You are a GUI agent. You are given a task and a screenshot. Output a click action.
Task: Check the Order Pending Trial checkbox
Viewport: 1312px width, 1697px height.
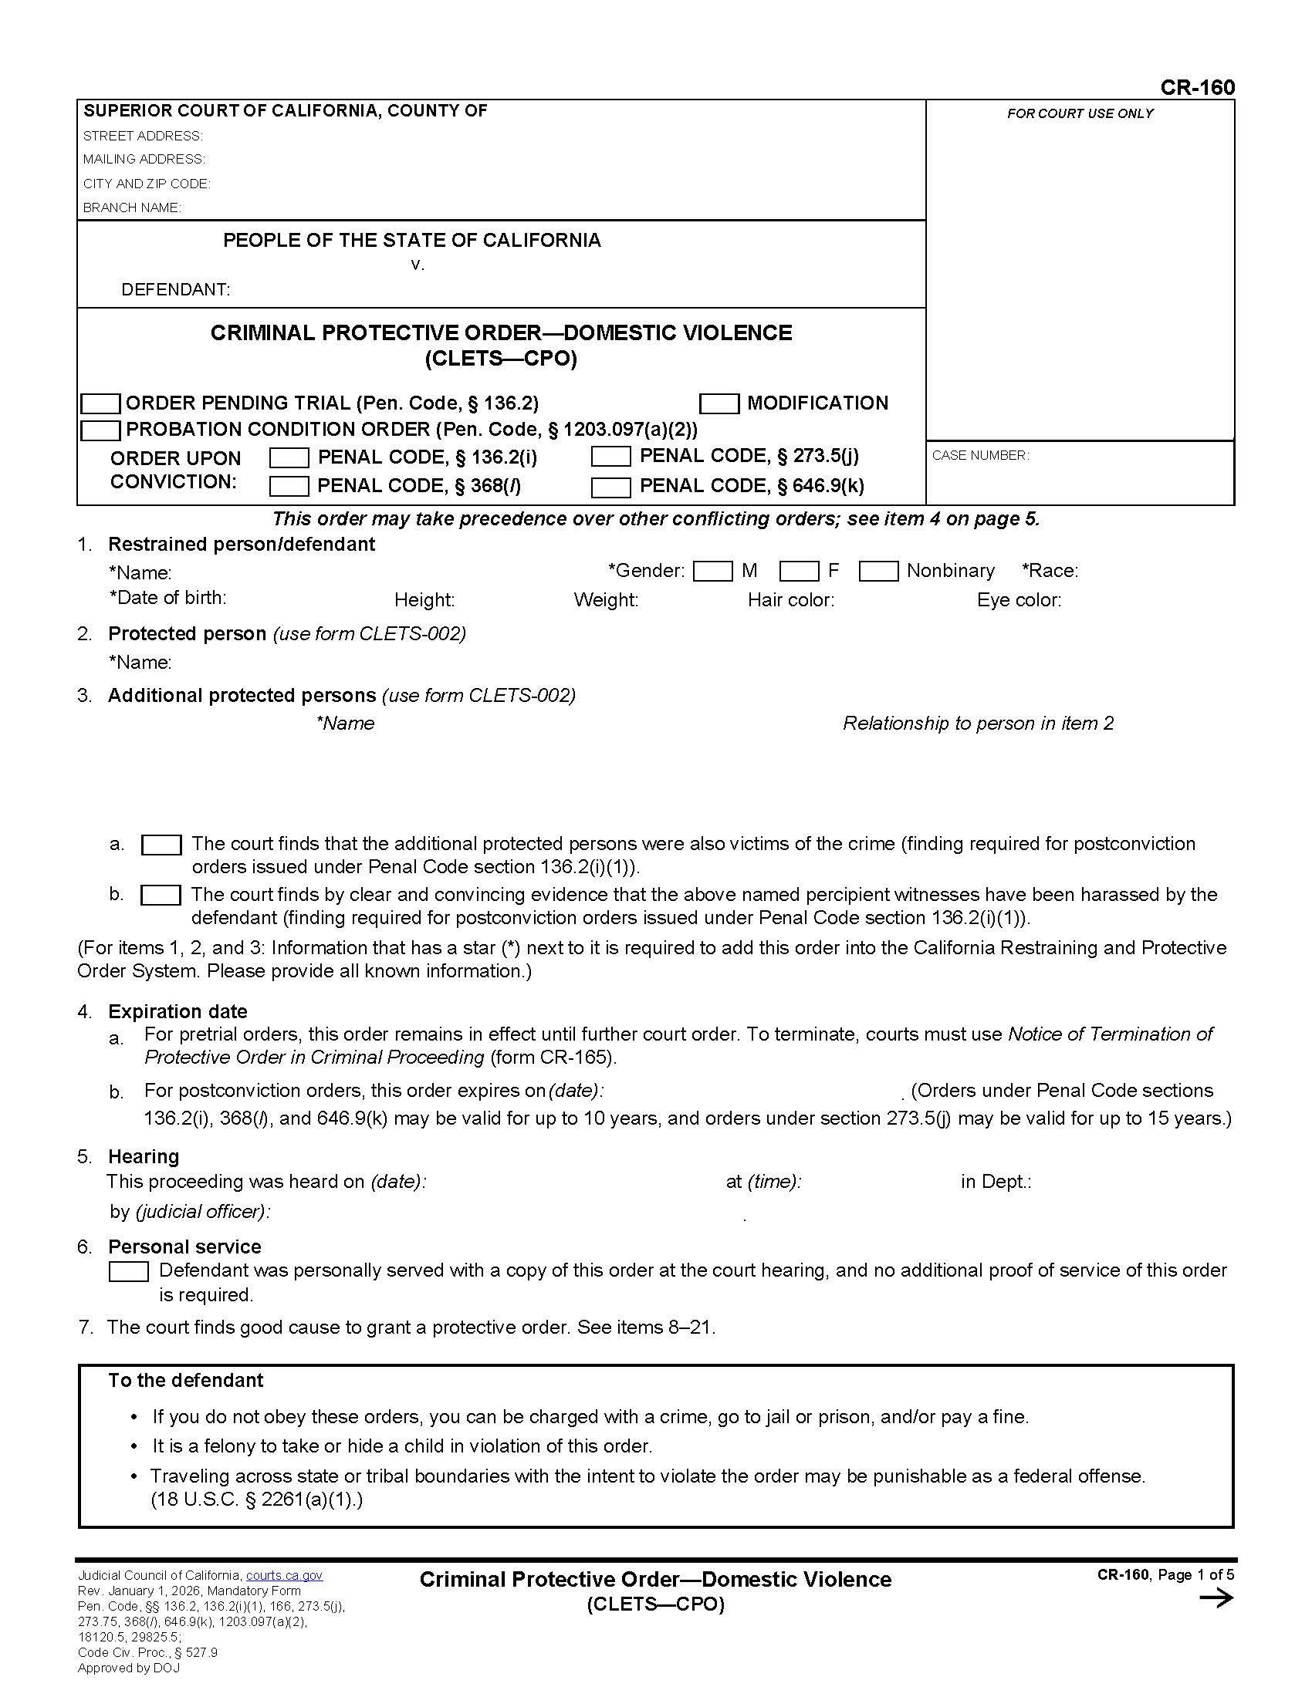[x=101, y=404]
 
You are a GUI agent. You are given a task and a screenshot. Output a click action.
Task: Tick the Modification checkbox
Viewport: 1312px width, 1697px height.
[x=719, y=404]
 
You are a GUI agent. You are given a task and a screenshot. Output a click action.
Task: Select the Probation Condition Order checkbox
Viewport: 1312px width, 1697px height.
[x=101, y=430]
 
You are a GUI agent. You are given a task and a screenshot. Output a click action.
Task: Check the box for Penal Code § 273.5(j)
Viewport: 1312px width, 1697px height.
[x=610, y=457]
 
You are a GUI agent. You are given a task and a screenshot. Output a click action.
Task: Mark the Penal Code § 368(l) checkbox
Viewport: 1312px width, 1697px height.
[x=289, y=488]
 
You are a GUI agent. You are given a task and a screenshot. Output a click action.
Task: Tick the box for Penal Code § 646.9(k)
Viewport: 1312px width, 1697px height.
[x=610, y=488]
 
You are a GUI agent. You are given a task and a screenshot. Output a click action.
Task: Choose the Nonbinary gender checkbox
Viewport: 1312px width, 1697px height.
[x=878, y=572]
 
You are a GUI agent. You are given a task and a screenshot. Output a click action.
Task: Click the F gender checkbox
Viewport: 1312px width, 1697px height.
[x=798, y=572]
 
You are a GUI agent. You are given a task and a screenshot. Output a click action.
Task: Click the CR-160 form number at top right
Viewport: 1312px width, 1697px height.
[x=1196, y=88]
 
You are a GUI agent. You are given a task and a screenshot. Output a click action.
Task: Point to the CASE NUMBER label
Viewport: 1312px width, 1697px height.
[x=980, y=455]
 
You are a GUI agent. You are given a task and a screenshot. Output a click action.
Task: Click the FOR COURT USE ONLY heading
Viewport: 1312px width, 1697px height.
[x=1080, y=113]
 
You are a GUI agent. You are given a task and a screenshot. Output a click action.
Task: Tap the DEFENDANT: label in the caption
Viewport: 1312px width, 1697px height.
[x=176, y=290]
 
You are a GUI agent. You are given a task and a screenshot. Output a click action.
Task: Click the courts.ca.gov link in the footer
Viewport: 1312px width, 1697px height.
[x=284, y=1575]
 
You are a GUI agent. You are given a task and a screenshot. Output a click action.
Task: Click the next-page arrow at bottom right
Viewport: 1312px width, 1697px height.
[x=1216, y=1598]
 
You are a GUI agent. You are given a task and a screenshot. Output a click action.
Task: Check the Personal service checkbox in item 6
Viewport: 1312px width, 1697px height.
[x=128, y=1272]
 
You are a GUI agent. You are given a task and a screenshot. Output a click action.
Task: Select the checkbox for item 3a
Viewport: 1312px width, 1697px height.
[x=161, y=845]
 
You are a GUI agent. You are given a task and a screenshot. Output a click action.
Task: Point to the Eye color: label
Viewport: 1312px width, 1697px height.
[x=1018, y=600]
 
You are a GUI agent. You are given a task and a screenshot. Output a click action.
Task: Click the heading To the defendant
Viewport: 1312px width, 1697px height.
[x=186, y=1380]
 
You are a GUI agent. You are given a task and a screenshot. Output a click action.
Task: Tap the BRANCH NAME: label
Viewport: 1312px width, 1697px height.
[x=132, y=207]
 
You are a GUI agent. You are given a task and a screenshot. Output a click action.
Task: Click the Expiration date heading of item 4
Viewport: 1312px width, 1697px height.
[x=178, y=1012]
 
